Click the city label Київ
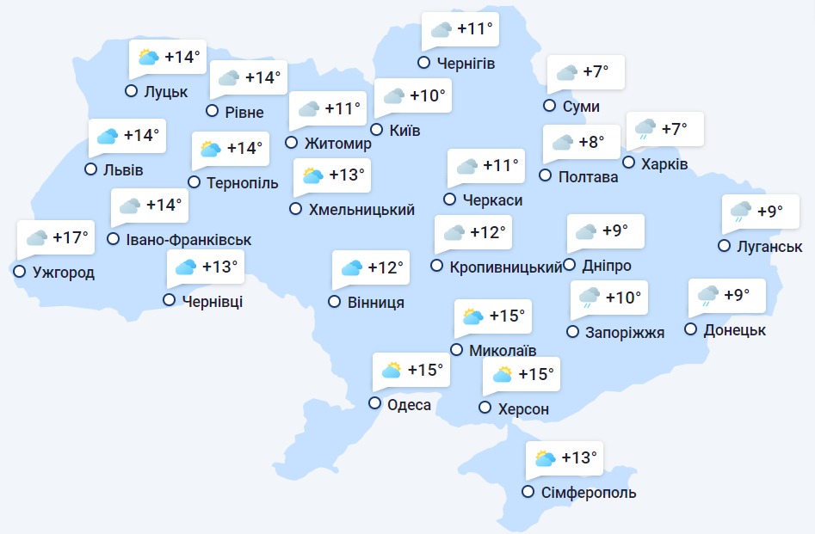coord(404,131)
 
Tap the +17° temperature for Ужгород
coord(71,237)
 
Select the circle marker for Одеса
coord(375,403)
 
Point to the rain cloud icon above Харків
coord(645,130)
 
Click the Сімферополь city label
coord(590,493)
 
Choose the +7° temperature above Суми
coord(596,72)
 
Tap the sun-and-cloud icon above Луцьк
coord(149,58)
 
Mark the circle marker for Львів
coord(90,169)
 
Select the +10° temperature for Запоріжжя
coord(624,298)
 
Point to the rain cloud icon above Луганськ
coord(740,212)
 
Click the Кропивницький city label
coord(506,267)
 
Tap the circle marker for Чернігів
coord(423,62)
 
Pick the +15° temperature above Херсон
coord(535,375)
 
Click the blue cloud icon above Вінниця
coord(351,268)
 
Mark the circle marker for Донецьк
coord(690,328)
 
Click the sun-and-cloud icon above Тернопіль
coord(210,149)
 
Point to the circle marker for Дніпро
coord(570,266)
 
